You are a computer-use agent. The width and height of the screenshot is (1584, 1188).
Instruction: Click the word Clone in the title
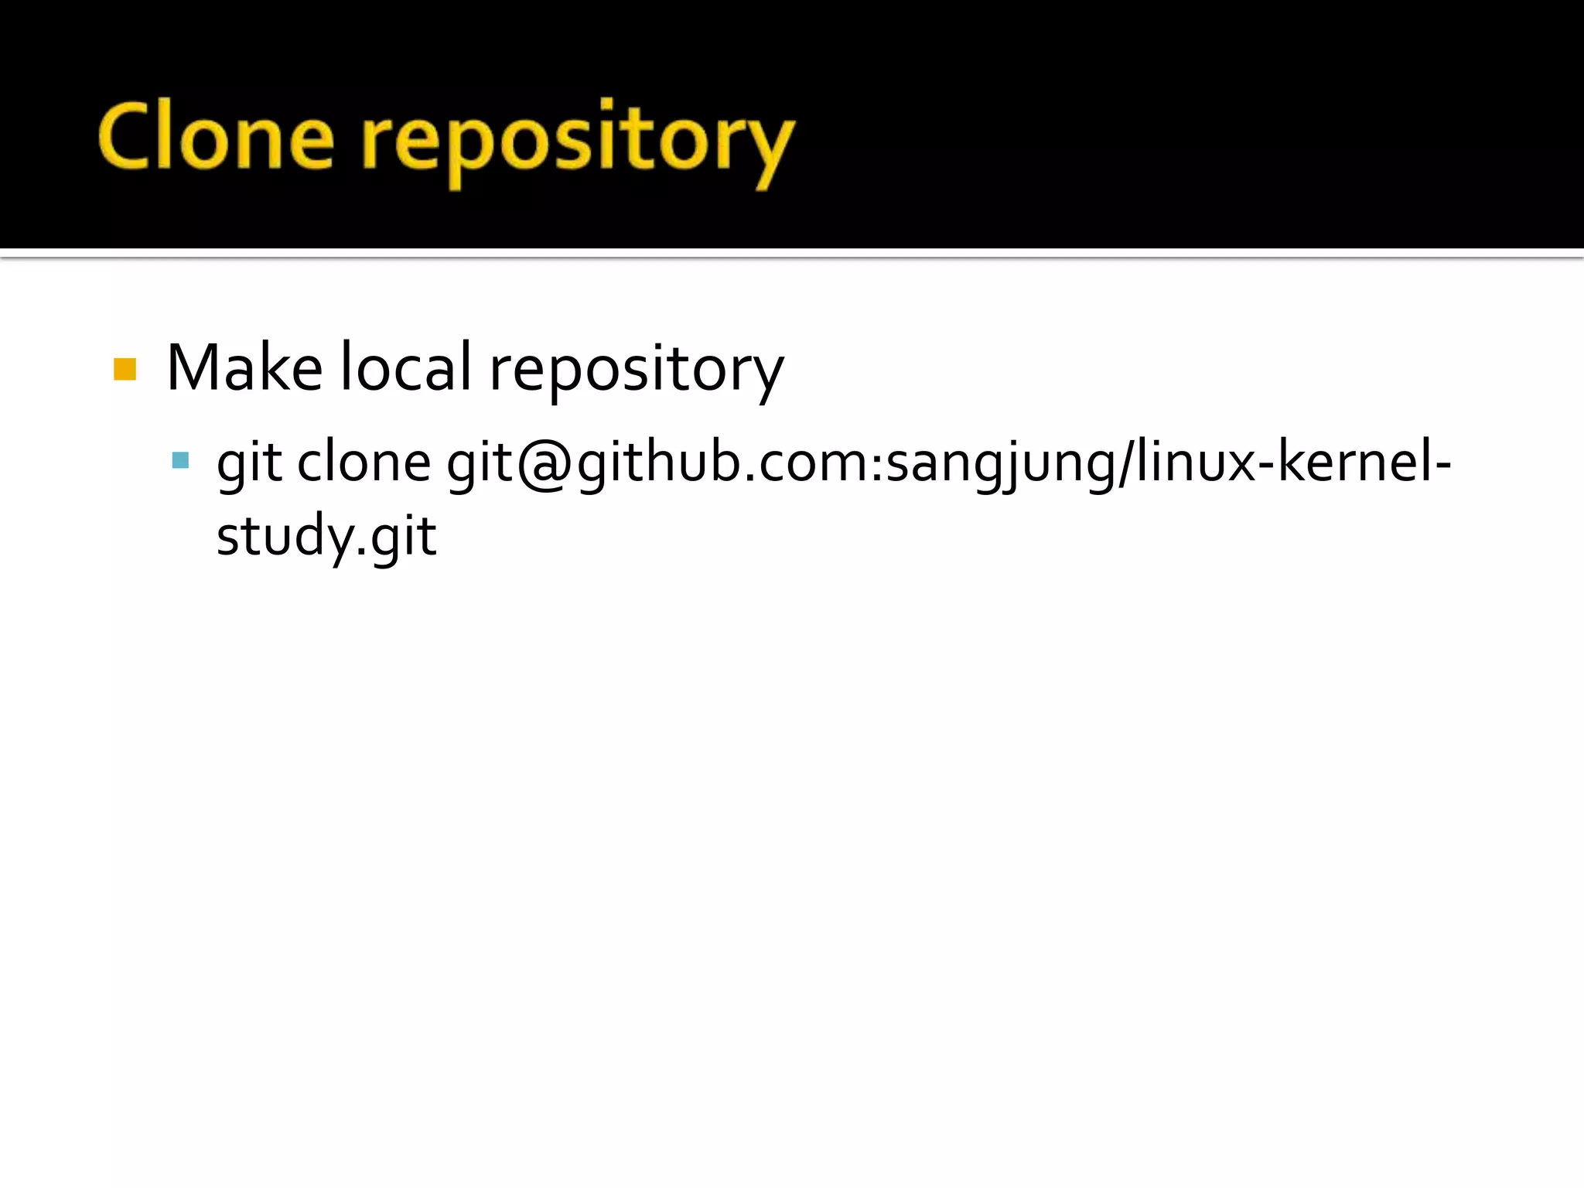(217, 138)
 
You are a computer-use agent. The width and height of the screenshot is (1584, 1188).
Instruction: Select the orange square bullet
(125, 369)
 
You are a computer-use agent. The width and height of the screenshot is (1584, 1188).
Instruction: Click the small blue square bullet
(180, 461)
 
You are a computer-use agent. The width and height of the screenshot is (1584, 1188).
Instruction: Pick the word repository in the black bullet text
(637, 371)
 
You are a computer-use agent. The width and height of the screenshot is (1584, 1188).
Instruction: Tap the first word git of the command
(248, 464)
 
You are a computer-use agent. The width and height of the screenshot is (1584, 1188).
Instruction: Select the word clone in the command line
(364, 463)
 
